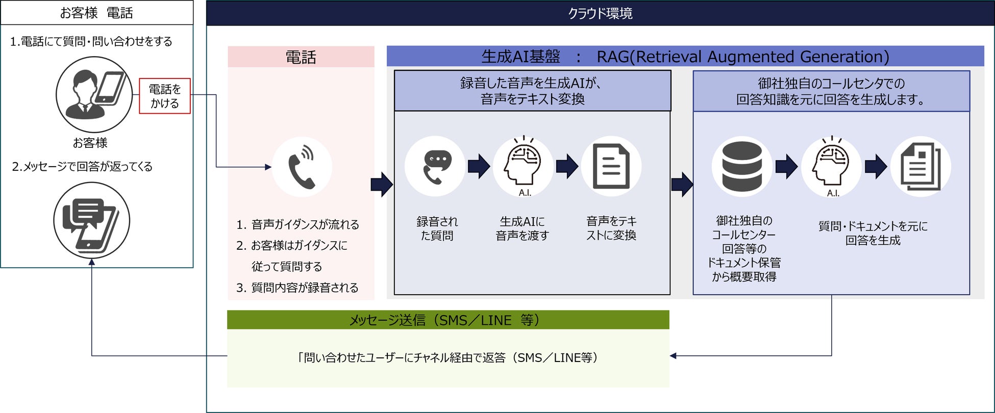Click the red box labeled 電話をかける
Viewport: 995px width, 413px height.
(x=165, y=96)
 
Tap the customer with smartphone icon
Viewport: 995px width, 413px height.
(x=94, y=94)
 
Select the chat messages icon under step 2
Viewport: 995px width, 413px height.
(x=92, y=221)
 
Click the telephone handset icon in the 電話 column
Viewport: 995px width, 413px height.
(x=302, y=167)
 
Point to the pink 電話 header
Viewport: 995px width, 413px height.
(x=301, y=57)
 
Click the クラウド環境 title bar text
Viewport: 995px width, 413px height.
(x=600, y=13)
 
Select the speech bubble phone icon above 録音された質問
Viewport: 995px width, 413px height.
(x=435, y=166)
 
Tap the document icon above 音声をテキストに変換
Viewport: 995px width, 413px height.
(x=611, y=166)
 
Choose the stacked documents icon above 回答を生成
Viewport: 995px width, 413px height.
(x=921, y=166)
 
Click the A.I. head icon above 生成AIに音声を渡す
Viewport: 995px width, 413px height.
(x=523, y=166)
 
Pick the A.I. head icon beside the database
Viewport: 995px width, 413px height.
(x=832, y=166)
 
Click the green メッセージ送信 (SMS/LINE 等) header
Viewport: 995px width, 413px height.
(x=447, y=320)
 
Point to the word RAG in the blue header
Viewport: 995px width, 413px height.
(x=613, y=57)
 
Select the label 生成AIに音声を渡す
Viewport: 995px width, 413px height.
(x=523, y=228)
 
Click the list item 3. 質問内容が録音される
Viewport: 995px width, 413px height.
(x=297, y=288)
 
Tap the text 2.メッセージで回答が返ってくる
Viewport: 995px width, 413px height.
(x=82, y=167)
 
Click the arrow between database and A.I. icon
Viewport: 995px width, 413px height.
(x=786, y=166)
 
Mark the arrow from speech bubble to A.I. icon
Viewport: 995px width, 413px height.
(x=479, y=166)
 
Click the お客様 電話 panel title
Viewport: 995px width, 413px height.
(x=96, y=13)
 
